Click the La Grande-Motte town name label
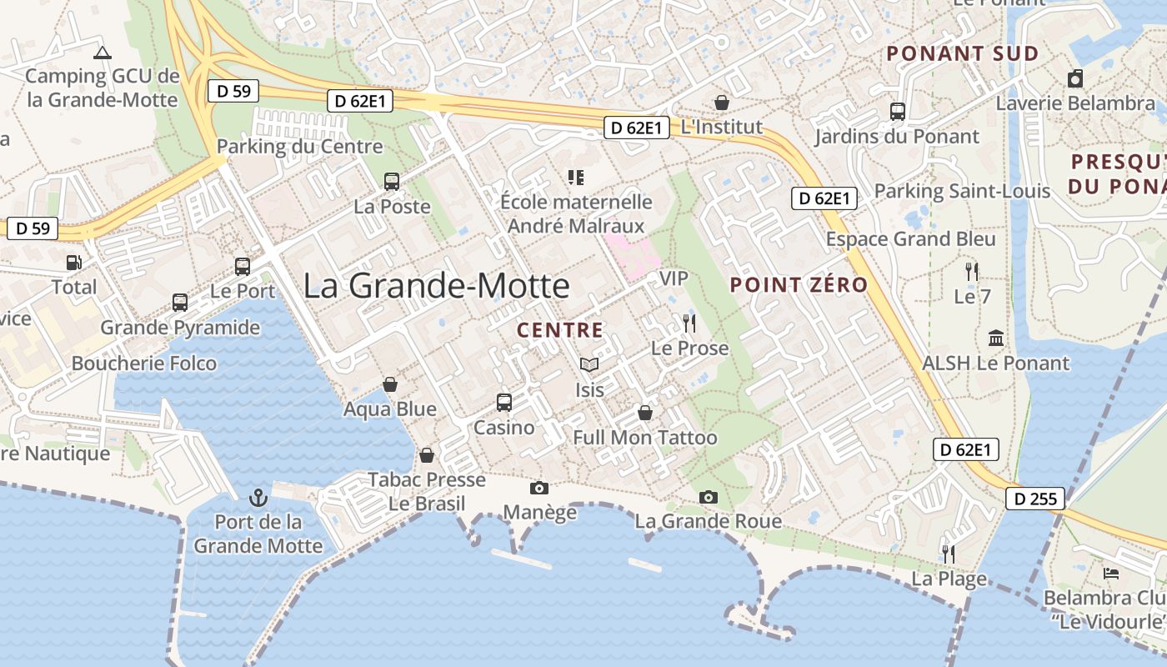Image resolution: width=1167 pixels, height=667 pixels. [x=436, y=286]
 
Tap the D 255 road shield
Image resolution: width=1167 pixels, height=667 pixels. [x=1036, y=499]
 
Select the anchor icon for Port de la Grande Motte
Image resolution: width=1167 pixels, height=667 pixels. [x=258, y=499]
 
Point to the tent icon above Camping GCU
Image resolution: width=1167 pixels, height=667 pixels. [x=103, y=53]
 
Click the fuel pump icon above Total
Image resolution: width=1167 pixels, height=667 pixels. [x=74, y=263]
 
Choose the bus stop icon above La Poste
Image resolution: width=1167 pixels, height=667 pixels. [x=392, y=181]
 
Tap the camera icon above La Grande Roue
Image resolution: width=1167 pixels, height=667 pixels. [x=709, y=498]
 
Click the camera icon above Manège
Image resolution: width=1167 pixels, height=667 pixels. [x=539, y=488]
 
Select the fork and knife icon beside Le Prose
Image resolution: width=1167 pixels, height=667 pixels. [x=689, y=323]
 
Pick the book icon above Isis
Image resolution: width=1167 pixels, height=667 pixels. [x=589, y=364]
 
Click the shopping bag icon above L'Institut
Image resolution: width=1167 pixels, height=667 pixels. [x=722, y=103]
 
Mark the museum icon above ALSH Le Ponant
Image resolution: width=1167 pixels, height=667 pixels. [x=995, y=339]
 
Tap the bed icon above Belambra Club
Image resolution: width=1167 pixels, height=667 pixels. [x=1111, y=574]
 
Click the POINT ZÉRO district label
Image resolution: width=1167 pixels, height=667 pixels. [x=799, y=285]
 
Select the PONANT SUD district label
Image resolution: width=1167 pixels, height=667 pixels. [x=962, y=54]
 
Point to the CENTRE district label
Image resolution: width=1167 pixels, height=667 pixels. [x=559, y=330]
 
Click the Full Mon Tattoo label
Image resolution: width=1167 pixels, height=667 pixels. [x=644, y=438]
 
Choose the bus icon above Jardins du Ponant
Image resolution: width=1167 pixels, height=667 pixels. [x=898, y=111]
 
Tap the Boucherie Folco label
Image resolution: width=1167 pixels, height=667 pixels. [x=143, y=364]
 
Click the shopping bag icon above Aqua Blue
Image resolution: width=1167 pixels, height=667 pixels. [x=390, y=384]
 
